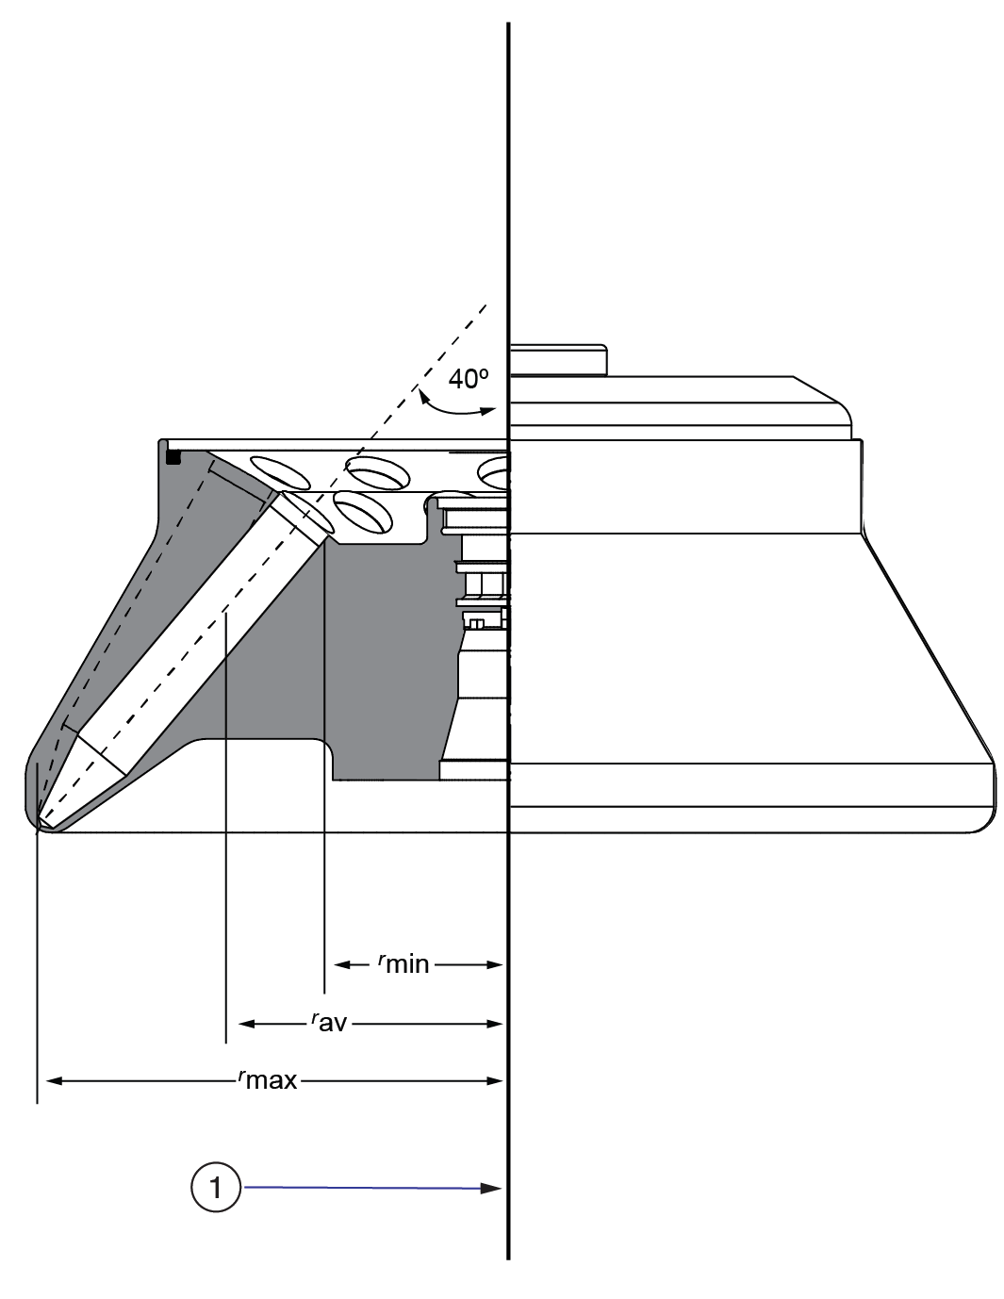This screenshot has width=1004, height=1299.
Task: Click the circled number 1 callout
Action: [x=216, y=1187]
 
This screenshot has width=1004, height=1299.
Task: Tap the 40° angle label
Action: [x=468, y=379]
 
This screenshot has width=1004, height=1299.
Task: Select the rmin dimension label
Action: [x=403, y=963]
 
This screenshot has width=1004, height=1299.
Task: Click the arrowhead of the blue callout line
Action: [x=491, y=1189]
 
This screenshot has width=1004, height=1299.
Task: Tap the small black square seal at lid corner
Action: [x=173, y=457]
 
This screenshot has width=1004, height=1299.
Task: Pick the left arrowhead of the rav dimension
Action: [x=247, y=1023]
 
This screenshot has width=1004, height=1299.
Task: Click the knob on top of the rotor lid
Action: [x=557, y=359]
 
